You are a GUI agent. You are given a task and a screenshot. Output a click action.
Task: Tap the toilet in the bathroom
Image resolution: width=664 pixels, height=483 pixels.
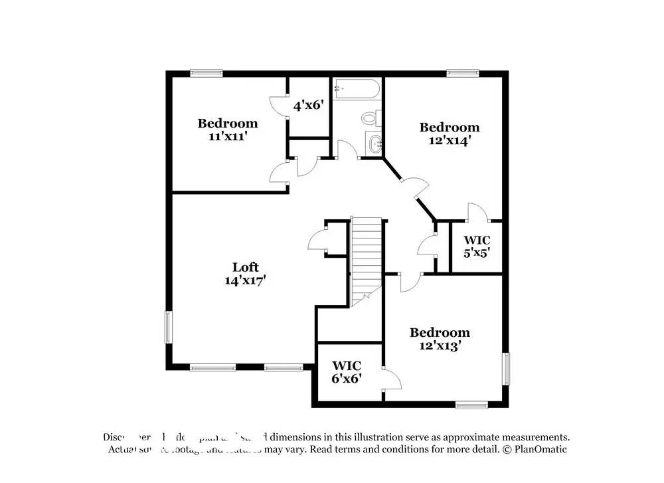pos(369,118)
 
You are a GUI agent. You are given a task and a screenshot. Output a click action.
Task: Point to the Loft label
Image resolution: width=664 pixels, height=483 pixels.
pos(244,267)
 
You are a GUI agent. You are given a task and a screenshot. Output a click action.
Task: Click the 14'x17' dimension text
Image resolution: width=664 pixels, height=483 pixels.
pos(245,280)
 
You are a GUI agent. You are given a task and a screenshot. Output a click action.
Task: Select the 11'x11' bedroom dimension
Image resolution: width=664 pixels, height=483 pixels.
pos(227,136)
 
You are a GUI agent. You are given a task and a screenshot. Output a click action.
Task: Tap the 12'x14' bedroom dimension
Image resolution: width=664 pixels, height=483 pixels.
pos(449,140)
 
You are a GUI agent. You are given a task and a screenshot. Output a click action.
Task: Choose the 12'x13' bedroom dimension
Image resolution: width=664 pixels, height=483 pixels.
pos(440,345)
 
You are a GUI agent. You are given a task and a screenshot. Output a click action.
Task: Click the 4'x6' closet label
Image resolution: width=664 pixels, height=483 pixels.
pos(308,104)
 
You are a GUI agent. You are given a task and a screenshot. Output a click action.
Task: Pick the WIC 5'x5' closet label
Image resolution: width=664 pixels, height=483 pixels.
pos(477,246)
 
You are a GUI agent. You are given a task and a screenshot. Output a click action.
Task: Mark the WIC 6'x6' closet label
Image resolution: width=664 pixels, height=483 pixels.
pos(346,372)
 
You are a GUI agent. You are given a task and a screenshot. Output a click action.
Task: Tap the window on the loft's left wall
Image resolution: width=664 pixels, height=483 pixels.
pos(168,327)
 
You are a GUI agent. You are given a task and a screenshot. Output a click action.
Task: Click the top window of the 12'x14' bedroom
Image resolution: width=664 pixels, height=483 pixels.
pos(457,74)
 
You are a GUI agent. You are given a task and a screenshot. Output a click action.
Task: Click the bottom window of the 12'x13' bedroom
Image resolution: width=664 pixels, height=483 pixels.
pos(471,404)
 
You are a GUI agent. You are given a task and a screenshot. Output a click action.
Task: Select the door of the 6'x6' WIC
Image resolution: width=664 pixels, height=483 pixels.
pos(392,379)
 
